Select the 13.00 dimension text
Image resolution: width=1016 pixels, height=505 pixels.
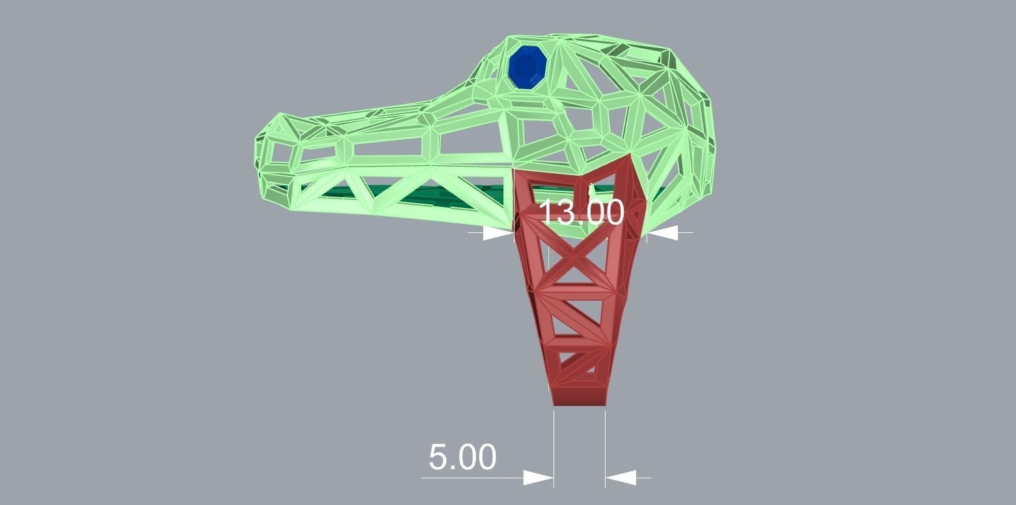(x=582, y=212)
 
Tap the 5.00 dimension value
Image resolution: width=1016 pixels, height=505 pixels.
(x=462, y=457)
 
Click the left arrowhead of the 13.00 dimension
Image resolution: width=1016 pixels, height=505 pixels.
(x=500, y=233)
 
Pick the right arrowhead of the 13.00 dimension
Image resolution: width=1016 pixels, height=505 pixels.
(x=662, y=232)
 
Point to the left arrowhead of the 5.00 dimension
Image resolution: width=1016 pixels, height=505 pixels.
(x=539, y=478)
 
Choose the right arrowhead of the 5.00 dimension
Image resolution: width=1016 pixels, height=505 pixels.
(x=621, y=478)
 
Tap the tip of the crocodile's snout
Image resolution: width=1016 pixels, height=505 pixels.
(x=258, y=156)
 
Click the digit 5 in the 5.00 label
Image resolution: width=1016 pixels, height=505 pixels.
(x=440, y=457)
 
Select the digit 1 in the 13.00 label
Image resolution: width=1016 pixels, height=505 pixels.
(x=547, y=212)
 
